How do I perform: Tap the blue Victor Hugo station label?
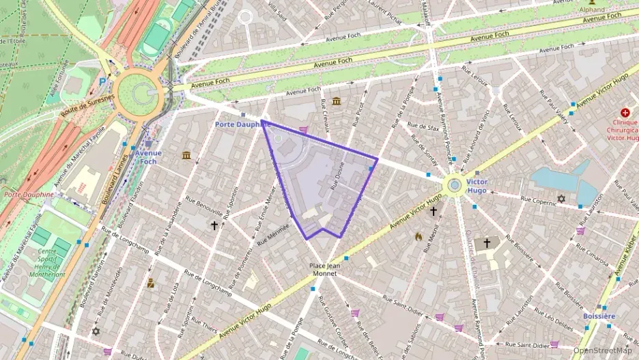click(477, 186)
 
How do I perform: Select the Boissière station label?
click(599, 316)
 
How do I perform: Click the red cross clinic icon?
click(625, 112)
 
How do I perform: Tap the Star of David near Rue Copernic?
click(562, 199)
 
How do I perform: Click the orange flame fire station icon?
click(418, 236)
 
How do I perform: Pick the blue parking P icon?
click(103, 81)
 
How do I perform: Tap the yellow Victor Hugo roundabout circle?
click(454, 185)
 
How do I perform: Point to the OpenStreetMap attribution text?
click(603, 350)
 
